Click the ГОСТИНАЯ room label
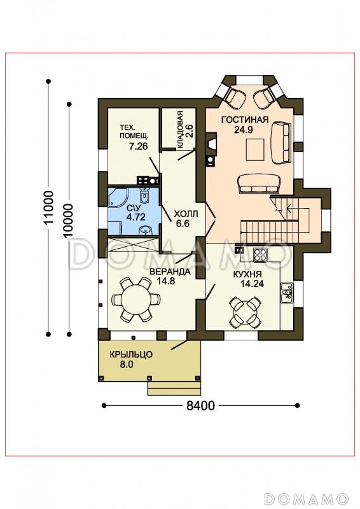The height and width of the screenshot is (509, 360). point(245,120)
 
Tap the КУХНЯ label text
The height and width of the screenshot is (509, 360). point(247,275)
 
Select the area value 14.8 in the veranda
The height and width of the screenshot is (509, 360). point(166,281)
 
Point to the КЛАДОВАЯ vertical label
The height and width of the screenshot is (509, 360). point(180,130)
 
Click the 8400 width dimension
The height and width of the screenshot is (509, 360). point(200,405)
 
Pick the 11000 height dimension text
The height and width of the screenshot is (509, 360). point(49,208)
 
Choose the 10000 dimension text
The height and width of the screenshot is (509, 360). point(69,221)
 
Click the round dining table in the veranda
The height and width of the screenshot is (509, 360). point(136,299)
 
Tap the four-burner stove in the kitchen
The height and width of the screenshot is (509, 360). point(260,255)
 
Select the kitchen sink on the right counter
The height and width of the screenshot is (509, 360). point(287,293)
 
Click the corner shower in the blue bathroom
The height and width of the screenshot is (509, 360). point(118,197)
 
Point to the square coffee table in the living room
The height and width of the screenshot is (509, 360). point(255,150)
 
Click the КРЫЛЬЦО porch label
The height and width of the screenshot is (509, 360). point(130,354)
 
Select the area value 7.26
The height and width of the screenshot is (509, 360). point(138,147)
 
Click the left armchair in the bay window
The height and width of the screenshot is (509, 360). point(233,97)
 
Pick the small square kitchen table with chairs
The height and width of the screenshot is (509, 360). point(245,312)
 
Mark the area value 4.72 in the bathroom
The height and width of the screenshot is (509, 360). point(135,217)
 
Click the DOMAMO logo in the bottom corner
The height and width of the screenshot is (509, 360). point(305,498)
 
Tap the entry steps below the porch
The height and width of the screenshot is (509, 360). point(174,388)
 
